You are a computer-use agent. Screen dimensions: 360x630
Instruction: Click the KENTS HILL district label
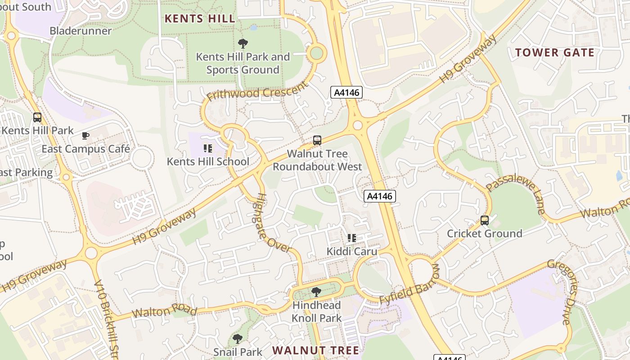click(x=200, y=18)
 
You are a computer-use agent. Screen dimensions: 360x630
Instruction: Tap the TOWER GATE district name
click(x=555, y=53)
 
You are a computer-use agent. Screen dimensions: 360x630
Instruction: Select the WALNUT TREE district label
click(x=316, y=350)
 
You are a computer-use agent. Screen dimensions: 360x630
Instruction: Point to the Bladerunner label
click(x=81, y=31)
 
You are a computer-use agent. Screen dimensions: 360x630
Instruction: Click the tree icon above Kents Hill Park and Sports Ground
click(x=243, y=44)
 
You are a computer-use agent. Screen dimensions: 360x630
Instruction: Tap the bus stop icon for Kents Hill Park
click(x=37, y=117)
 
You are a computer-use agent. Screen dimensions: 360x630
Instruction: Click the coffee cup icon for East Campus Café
click(x=85, y=135)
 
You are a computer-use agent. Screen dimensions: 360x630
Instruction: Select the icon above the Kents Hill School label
click(x=207, y=148)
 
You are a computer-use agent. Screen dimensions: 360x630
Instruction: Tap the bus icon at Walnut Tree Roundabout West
click(x=317, y=140)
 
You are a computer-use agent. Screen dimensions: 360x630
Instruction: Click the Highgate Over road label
click(x=273, y=223)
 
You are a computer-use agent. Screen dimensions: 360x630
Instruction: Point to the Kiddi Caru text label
click(x=352, y=251)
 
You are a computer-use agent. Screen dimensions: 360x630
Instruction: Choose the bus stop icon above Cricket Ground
click(x=485, y=220)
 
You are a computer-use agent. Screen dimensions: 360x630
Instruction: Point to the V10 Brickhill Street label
click(x=107, y=319)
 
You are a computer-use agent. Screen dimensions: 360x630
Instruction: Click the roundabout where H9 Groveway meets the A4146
click(x=358, y=125)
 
